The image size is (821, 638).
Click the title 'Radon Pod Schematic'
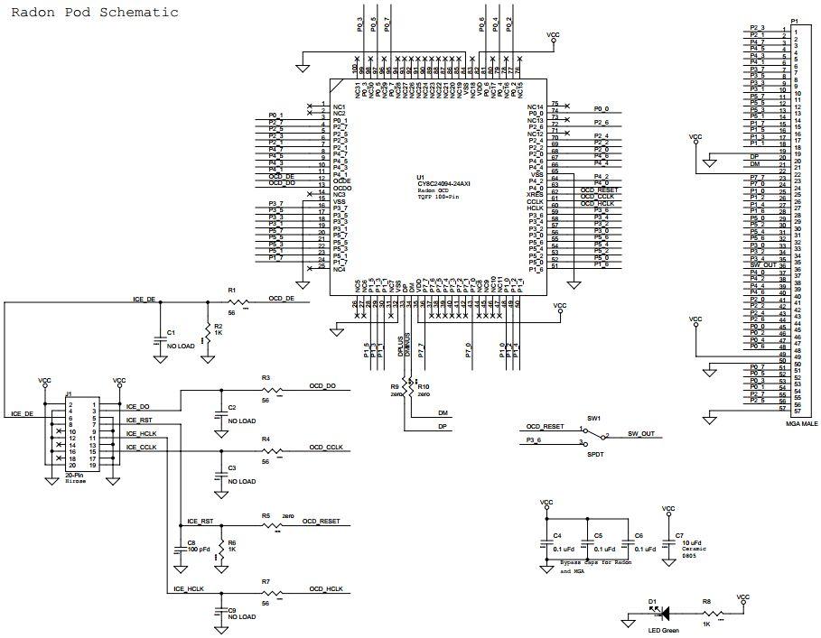pos(94,13)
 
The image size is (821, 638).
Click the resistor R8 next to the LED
pos(707,613)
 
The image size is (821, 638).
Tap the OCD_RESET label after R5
pos(321,522)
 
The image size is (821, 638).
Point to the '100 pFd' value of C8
pos(199,549)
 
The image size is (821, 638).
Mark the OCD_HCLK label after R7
pos(326,589)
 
